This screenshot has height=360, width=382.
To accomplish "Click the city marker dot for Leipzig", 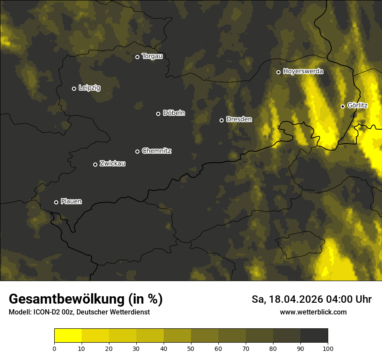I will tap(74, 88).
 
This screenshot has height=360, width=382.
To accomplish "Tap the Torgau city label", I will tap(152, 56).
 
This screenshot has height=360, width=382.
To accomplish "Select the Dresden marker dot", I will tap(221, 120).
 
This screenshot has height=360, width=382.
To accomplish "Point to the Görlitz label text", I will tap(357, 105).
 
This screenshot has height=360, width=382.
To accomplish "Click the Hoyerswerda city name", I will tap(303, 72).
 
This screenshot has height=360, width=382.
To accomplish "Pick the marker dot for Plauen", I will tap(56, 202).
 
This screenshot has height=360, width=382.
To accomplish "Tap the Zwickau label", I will tap(112, 164).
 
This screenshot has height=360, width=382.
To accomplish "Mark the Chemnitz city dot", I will tap(138, 151).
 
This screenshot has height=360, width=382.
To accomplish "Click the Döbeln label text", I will tap(174, 113).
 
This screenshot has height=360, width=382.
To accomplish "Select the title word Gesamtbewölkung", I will tap(66, 299).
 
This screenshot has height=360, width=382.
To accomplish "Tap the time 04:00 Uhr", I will tap(350, 299).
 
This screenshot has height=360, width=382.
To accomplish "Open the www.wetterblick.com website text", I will tap(313, 312).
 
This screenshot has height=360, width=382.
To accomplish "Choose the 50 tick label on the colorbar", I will tap(191, 348).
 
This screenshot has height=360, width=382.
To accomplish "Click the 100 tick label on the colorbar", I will tap(328, 348).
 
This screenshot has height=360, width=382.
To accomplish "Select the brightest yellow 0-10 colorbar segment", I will tap(68, 336).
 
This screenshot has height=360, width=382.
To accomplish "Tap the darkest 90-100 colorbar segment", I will tap(314, 336).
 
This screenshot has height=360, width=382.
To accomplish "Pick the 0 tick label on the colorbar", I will tap(54, 348).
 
